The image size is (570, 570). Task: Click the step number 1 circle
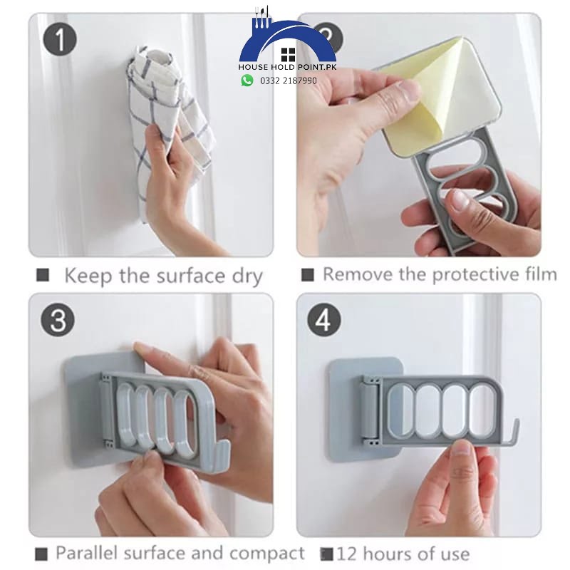[60, 39]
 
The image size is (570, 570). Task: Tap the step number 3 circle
[58, 319]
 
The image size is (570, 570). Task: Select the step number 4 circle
[324, 319]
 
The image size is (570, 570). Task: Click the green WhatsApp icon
[247, 81]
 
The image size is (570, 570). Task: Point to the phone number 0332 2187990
[289, 81]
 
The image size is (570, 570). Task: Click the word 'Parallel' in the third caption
[87, 553]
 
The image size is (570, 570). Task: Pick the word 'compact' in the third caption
[267, 554]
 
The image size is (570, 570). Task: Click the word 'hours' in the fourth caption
[387, 554]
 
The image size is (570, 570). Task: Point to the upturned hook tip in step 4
[517, 421]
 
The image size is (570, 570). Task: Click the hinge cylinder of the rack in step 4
[368, 408]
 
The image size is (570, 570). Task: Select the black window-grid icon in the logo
[289, 55]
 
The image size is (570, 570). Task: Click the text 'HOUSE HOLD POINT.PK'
[287, 67]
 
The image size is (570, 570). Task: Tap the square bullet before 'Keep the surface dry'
[43, 275]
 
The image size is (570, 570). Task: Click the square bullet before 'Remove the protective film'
[308, 275]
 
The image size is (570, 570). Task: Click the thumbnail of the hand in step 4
[462, 450]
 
